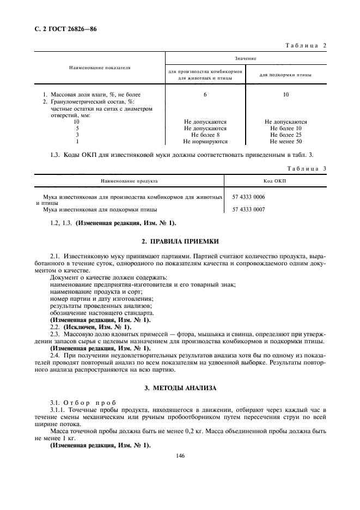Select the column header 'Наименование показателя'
(x=100, y=68)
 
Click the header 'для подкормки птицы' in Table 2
(x=285, y=75)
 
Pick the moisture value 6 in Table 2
(x=205, y=95)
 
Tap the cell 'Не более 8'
(x=205, y=135)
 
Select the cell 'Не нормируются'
(x=205, y=141)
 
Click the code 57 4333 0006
(x=249, y=197)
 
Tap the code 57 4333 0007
(x=249, y=209)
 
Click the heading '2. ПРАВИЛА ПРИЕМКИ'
(x=180, y=241)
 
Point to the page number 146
(x=180, y=456)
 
